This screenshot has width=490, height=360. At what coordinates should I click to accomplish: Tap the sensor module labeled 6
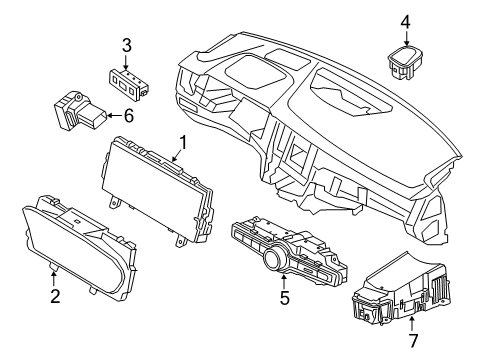tap(76, 110)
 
